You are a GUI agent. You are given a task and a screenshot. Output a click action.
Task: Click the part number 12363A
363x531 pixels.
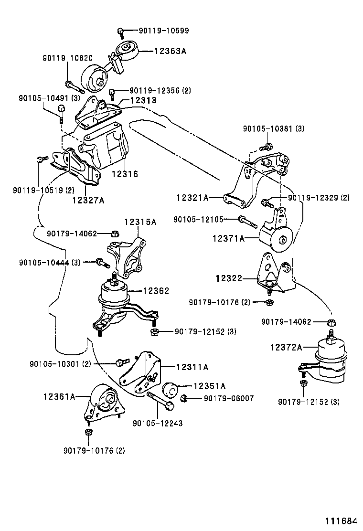click(170, 49)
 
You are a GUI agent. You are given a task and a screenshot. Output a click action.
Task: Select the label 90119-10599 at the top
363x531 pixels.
click(163, 31)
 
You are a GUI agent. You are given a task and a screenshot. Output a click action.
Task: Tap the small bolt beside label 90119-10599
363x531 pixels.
click(121, 32)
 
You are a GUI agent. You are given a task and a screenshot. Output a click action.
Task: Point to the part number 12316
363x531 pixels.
click(125, 174)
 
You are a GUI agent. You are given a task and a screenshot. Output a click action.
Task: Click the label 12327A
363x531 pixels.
click(88, 200)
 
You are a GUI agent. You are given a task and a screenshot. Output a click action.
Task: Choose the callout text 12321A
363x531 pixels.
click(192, 197)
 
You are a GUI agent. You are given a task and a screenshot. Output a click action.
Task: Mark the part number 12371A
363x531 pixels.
click(228, 238)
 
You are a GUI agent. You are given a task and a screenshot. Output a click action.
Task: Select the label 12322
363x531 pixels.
click(229, 278)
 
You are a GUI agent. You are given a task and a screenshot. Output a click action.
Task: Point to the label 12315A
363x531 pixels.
click(140, 222)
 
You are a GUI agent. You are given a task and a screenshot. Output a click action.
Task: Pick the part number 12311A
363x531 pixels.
click(192, 367)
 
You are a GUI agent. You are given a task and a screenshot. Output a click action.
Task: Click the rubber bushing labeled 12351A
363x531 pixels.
click(170, 390)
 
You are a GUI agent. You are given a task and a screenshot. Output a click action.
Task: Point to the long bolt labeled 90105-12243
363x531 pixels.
click(160, 402)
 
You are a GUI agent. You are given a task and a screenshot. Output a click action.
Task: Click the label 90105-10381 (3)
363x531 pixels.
click(274, 128)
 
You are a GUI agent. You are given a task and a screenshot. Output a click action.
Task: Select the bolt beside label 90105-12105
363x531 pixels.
click(247, 222)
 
